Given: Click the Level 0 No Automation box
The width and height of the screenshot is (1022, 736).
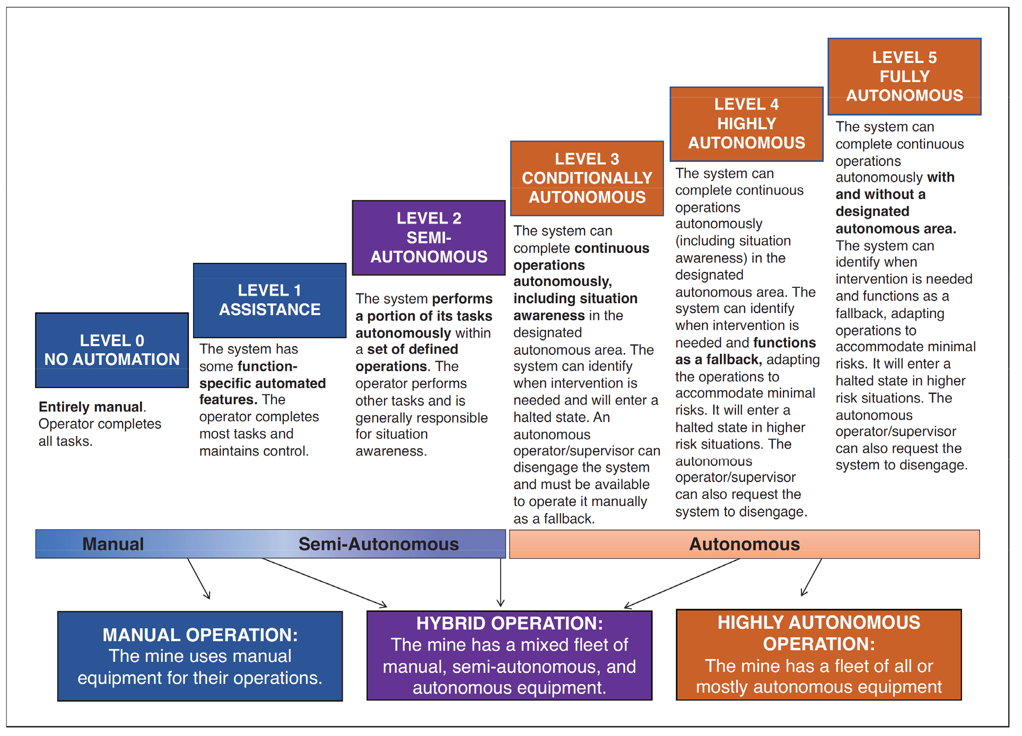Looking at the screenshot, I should tap(112, 350).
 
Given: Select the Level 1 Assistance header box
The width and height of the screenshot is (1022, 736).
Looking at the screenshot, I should tap(269, 300).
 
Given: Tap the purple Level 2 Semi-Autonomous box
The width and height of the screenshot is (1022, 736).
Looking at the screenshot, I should tap(429, 238).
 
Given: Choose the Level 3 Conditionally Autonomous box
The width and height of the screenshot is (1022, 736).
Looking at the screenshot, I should tap(587, 178).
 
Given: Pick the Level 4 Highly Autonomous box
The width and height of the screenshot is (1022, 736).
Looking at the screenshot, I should tap(746, 124).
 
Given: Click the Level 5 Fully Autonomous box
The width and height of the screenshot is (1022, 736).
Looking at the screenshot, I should tap(904, 76).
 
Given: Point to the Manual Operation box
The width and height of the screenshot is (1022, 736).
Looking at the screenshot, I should tap(200, 656).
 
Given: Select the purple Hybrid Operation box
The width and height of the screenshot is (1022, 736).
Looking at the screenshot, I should tap(509, 655).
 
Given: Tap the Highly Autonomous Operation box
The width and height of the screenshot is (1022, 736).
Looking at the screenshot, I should tap(818, 655).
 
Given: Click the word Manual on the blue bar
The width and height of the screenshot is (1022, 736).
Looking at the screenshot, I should tap(113, 544).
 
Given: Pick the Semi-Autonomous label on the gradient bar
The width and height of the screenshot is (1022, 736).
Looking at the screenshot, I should tap(378, 544).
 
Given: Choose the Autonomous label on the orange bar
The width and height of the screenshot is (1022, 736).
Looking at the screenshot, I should tap(744, 544).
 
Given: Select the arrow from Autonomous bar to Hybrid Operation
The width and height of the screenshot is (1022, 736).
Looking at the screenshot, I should tap(682, 583).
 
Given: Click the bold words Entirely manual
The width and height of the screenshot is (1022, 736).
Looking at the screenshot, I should tap(91, 407).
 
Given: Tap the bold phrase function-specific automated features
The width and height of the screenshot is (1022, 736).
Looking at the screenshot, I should tap(263, 383).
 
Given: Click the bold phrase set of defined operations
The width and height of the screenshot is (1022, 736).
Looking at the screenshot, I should tap(407, 358).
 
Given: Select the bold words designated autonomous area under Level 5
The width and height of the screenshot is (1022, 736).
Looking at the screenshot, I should tap(895, 220).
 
